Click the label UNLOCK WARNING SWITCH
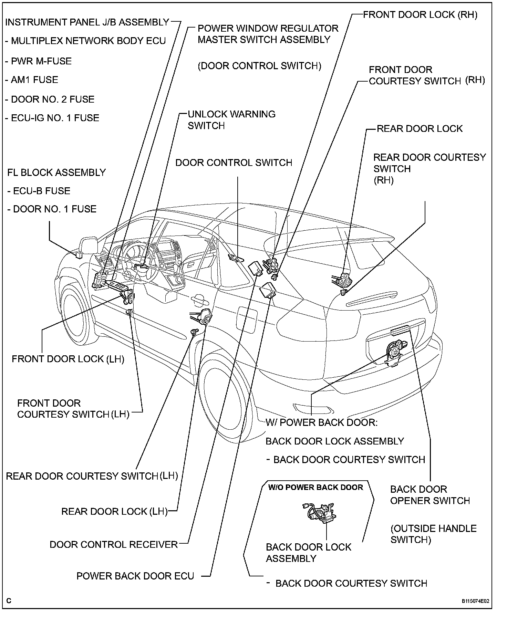click(231, 120)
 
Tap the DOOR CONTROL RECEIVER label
click(114, 544)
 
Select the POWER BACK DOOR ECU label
click(135, 576)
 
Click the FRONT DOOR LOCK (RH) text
click(420, 15)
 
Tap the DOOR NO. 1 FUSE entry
click(52, 209)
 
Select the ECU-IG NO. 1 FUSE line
click(52, 118)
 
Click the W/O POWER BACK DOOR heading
click(315, 488)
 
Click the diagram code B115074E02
click(475, 601)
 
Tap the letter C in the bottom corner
click(9, 601)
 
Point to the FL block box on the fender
click(79, 255)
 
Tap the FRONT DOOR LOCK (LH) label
click(68, 359)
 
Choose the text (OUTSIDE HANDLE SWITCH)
click(434, 534)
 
